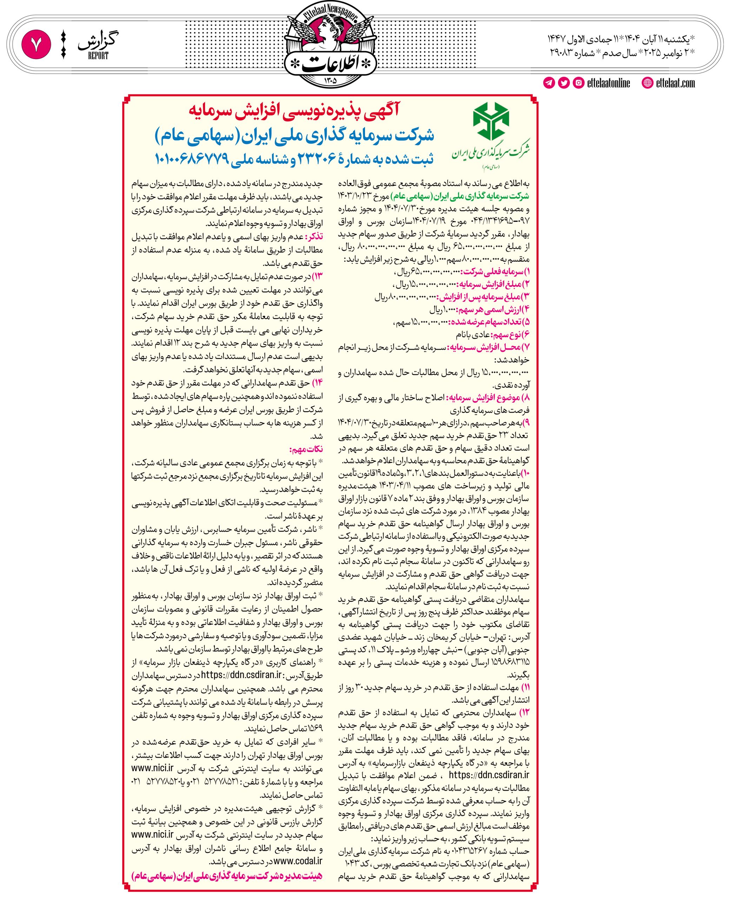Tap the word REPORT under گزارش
pyautogui.click(x=98, y=56)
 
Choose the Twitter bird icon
pyautogui.click(x=564, y=83)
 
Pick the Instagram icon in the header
pyautogui.click(x=579, y=83)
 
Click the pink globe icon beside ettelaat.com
pyautogui.click(x=648, y=83)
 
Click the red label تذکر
pyautogui.click(x=314, y=236)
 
